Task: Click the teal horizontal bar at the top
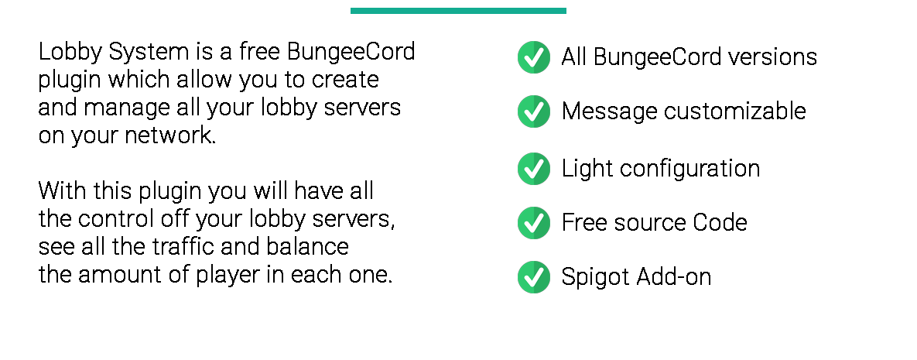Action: [458, 11]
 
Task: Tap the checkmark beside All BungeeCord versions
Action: [533, 57]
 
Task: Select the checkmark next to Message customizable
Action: [533, 111]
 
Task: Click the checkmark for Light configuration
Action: [533, 169]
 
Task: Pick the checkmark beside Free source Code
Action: [533, 222]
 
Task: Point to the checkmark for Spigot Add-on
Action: [533, 277]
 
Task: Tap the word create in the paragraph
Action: [345, 81]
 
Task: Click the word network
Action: [170, 135]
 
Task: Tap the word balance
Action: [308, 246]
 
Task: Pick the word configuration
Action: [689, 170]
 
